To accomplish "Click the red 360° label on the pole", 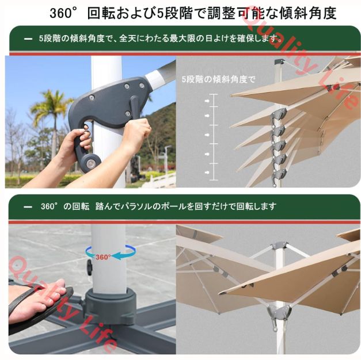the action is click(x=104, y=256).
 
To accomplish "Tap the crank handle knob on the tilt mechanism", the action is click(x=134, y=101).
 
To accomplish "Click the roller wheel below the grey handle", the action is click(x=90, y=163).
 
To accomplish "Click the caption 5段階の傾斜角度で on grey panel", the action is click(x=218, y=79).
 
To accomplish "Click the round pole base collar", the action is click(x=110, y=304).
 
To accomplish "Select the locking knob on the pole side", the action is click(x=89, y=267).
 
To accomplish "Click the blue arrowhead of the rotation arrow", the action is click(x=118, y=255).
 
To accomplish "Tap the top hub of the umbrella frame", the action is click(x=279, y=245).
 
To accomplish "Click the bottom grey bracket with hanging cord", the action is click(x=279, y=315).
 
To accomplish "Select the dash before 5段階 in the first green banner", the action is click(x=28, y=39).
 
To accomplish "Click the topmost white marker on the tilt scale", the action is click(x=207, y=101).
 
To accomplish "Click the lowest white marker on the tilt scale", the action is click(x=207, y=173).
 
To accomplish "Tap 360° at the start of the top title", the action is click(x=61, y=13).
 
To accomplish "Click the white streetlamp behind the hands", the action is click(x=168, y=159).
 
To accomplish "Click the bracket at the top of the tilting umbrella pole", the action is click(x=279, y=62).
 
